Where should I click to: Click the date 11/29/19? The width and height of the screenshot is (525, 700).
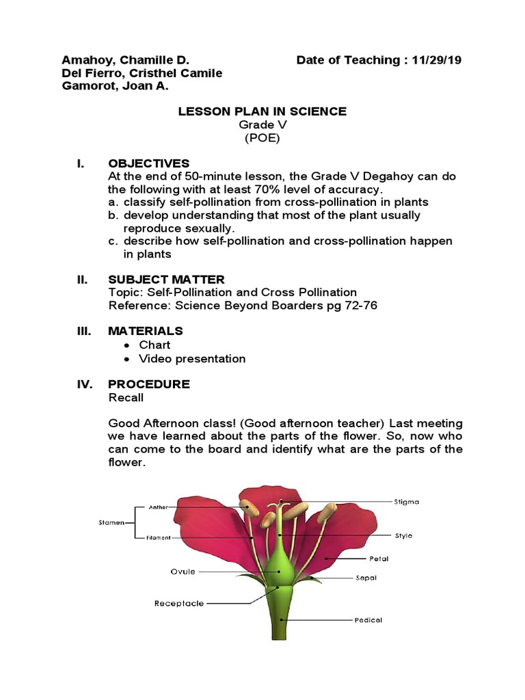pyautogui.click(x=437, y=60)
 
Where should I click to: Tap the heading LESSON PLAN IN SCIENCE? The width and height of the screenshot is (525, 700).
pyautogui.click(x=262, y=111)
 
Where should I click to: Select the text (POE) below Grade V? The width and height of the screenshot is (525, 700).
pyautogui.click(x=262, y=137)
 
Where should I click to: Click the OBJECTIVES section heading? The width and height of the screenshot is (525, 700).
pyautogui.click(x=148, y=163)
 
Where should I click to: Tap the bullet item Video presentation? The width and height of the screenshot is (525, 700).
pyautogui.click(x=192, y=358)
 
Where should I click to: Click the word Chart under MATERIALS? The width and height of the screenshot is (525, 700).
pyautogui.click(x=154, y=345)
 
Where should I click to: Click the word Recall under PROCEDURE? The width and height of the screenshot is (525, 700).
pyautogui.click(x=126, y=397)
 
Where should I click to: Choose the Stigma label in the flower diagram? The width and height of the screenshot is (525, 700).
pyautogui.click(x=407, y=501)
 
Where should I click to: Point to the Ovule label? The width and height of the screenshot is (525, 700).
pyautogui.click(x=183, y=571)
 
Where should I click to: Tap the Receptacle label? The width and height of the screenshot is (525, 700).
pyautogui.click(x=179, y=603)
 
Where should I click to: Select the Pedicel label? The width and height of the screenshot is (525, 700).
pyautogui.click(x=368, y=620)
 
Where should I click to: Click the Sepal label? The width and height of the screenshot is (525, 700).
pyautogui.click(x=366, y=578)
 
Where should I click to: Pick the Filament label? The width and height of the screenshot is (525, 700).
pyautogui.click(x=158, y=538)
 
